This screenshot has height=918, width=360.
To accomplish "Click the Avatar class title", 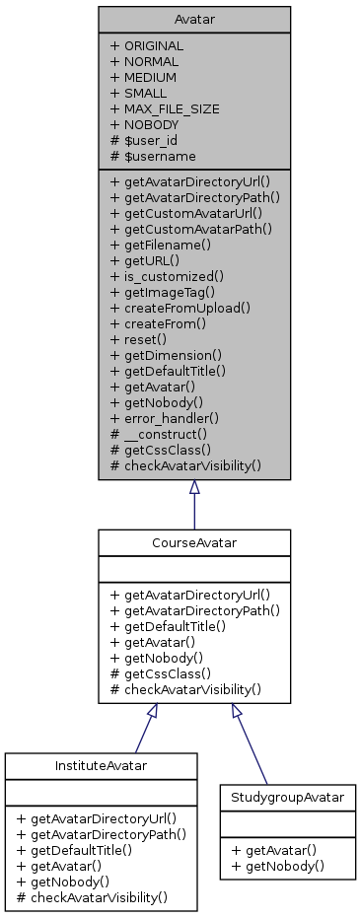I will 193,19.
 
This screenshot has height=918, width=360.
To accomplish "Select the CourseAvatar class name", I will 193,541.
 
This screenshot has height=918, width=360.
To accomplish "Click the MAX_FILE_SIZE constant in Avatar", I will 165,108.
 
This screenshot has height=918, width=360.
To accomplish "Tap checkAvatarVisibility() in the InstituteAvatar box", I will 91,897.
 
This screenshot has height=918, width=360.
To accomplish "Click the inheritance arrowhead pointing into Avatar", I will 193,487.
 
